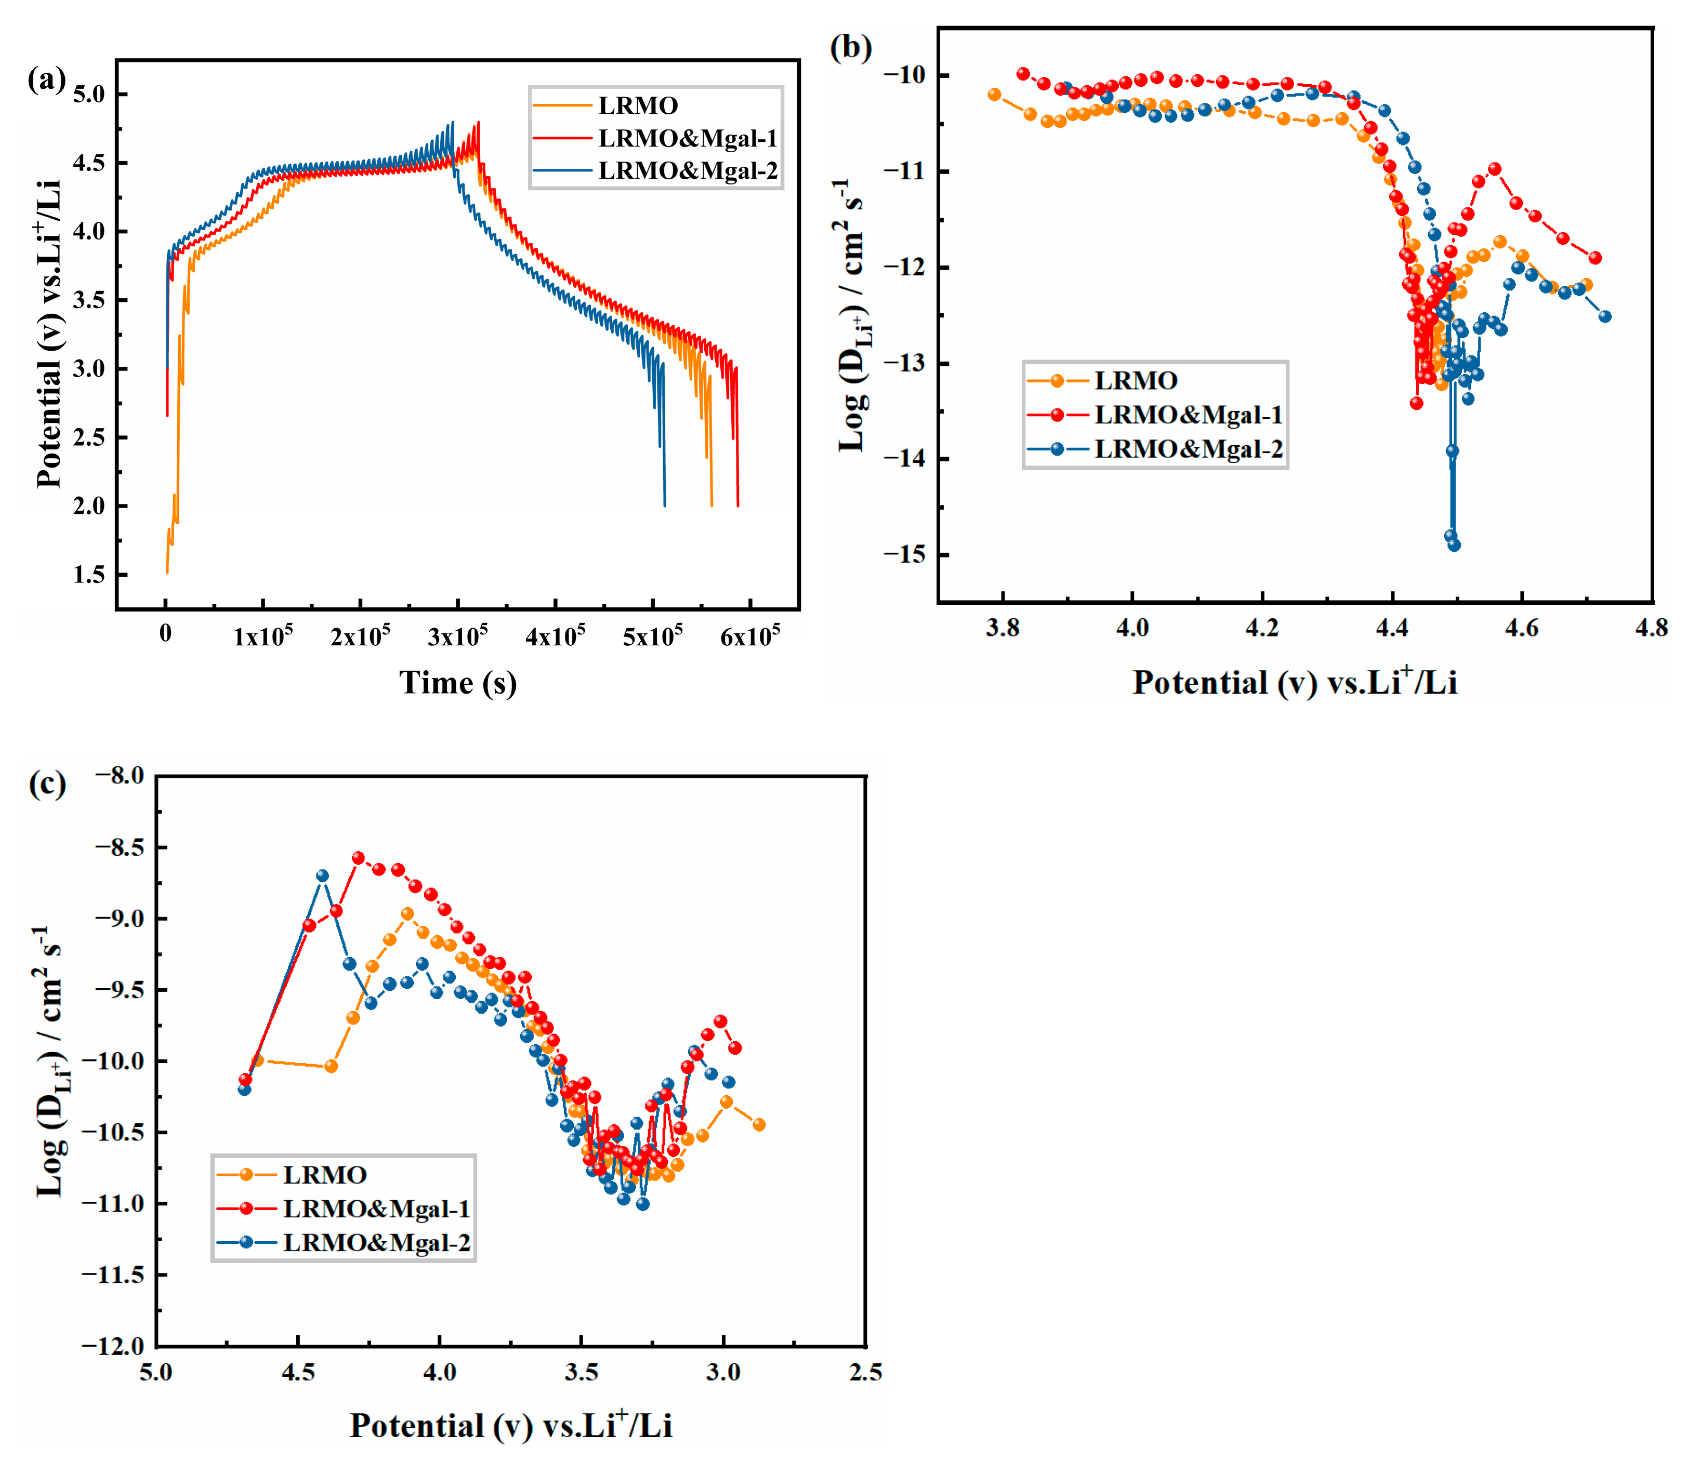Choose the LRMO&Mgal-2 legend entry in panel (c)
click(x=376, y=1243)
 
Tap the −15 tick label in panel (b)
click(x=904, y=554)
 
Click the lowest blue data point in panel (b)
click(x=1454, y=544)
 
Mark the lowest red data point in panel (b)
click(x=1416, y=403)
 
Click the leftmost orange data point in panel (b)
click(x=994, y=95)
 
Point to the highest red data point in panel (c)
click(x=358, y=858)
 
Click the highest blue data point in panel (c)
click(x=322, y=875)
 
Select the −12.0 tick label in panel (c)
click(x=113, y=1346)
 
